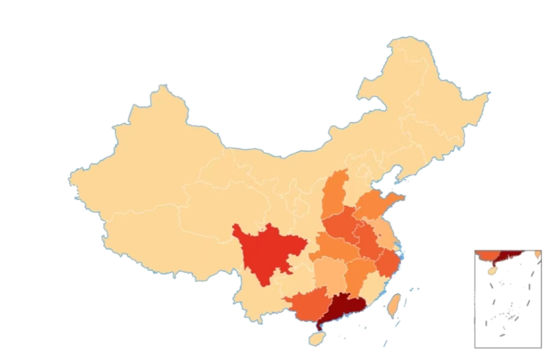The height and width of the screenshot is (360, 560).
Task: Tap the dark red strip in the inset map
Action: tap(511, 254)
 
